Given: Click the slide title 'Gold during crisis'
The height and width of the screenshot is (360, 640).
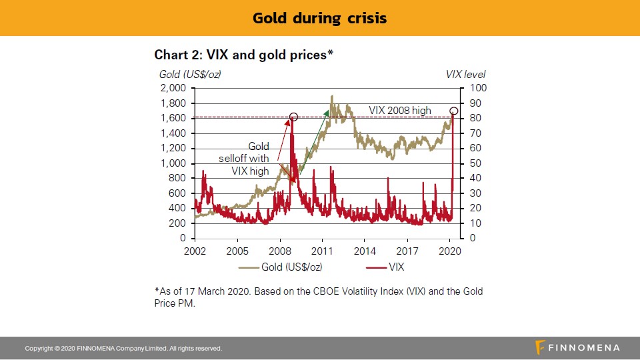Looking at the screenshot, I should click(x=319, y=18).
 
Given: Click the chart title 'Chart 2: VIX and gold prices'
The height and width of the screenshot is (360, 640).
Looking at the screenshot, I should click(x=243, y=55).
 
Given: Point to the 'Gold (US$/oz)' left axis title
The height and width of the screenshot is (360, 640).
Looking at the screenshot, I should click(x=190, y=74).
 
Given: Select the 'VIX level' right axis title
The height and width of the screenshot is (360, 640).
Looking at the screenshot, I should click(x=465, y=74).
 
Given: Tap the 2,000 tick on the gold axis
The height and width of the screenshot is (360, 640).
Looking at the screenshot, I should click(x=173, y=88).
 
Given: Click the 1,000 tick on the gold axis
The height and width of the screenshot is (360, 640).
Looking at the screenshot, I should click(x=173, y=163).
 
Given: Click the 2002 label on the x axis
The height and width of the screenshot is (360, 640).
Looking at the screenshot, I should click(x=195, y=252).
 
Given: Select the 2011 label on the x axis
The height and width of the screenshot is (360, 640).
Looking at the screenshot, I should click(x=323, y=252).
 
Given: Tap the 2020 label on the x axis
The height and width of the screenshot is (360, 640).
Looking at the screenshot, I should click(x=450, y=252).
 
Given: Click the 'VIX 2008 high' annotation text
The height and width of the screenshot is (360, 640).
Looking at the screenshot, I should click(x=400, y=110).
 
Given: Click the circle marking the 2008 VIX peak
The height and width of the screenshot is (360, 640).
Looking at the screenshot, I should click(x=293, y=117).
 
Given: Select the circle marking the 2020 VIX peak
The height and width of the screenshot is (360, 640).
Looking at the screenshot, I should click(x=454, y=111).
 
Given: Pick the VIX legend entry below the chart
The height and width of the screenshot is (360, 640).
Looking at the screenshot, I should click(x=387, y=267).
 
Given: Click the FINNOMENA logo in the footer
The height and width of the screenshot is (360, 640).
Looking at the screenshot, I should click(x=577, y=348).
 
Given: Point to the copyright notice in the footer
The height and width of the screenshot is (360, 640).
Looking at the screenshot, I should click(x=123, y=349).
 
